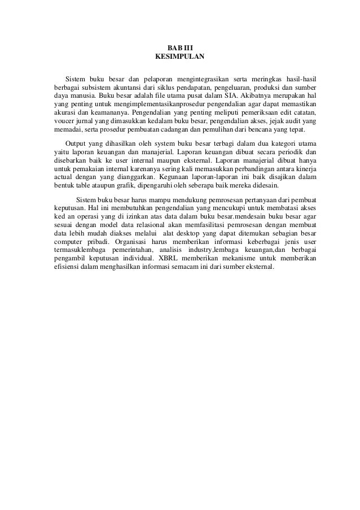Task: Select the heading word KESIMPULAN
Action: (180, 58)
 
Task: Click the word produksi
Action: (274, 86)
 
